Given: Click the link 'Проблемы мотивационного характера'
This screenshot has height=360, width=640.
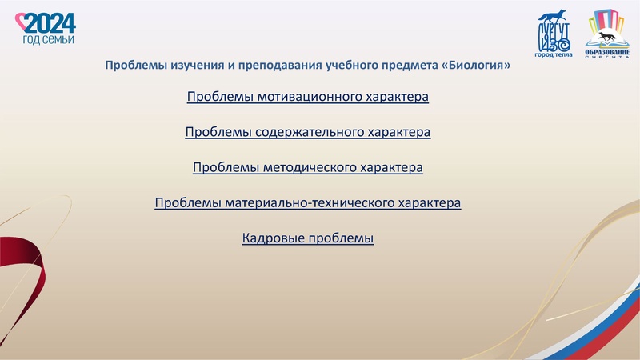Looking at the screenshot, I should pyautogui.click(x=308, y=97).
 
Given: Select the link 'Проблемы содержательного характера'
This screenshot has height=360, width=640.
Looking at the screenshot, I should pyautogui.click(x=308, y=132).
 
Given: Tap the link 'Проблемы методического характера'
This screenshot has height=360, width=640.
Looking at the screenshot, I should pyautogui.click(x=308, y=168).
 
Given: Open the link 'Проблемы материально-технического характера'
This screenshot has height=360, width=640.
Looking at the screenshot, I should pyautogui.click(x=308, y=203).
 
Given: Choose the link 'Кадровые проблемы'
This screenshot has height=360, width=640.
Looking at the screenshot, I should pyautogui.click(x=308, y=238).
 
